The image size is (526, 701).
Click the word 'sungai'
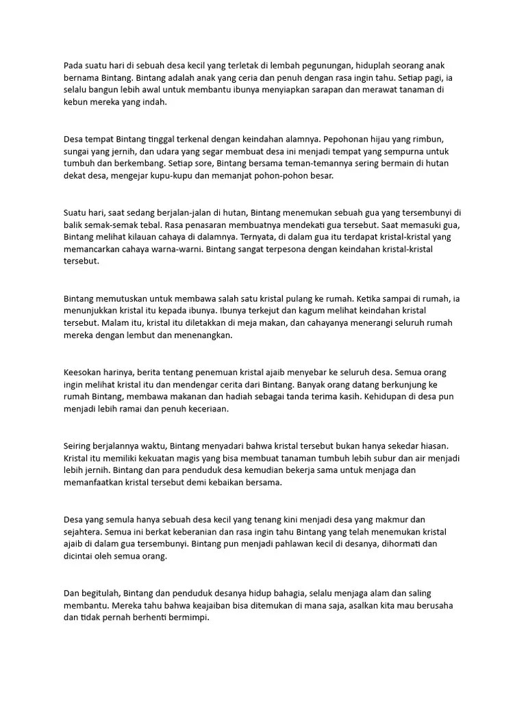78,151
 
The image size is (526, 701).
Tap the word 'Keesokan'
83,372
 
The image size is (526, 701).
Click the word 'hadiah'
284,396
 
